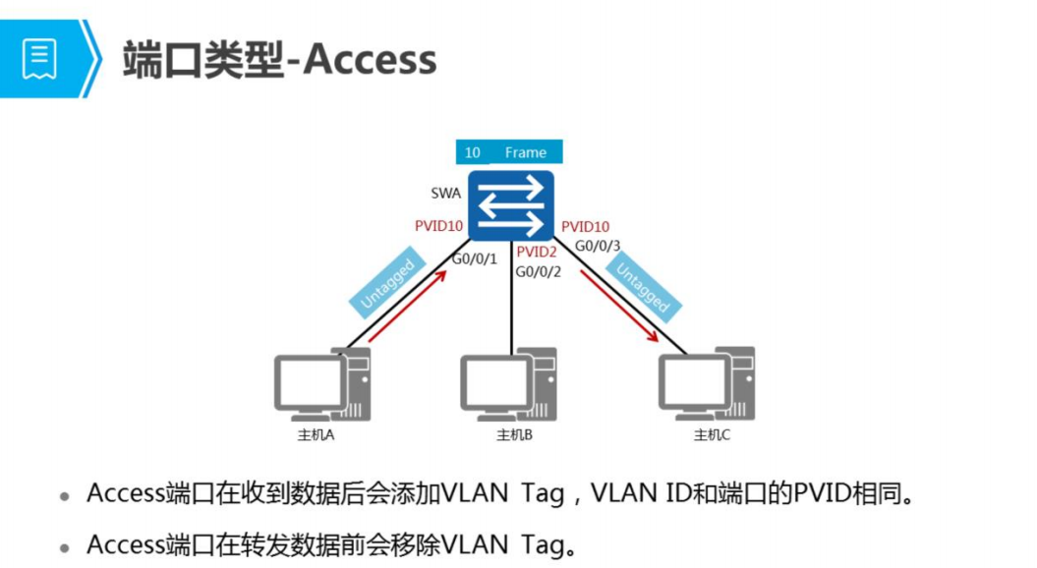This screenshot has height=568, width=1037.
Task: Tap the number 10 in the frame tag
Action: coord(473,152)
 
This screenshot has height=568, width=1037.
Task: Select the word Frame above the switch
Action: coord(525,152)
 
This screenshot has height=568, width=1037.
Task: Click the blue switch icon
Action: coord(511,205)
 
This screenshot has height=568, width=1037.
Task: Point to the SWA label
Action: coord(445,193)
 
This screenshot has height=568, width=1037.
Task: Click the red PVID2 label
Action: coord(537,253)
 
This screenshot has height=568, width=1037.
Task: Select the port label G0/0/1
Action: coord(475,259)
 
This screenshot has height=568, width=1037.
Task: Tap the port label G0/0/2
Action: coord(538,271)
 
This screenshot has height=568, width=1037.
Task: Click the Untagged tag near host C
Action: coord(643,284)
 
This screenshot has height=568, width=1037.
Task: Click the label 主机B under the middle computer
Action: coord(514,435)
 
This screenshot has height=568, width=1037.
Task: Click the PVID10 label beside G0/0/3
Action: coord(586,228)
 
